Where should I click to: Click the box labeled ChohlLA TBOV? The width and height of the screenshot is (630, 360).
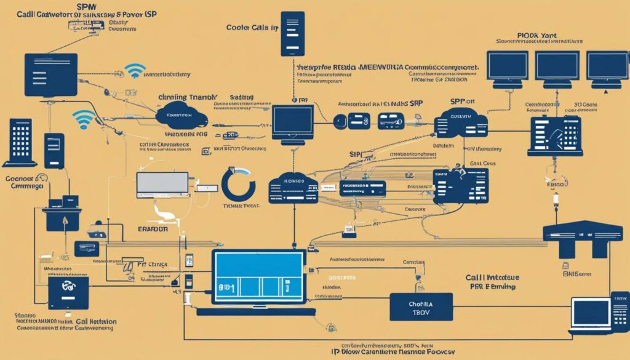pyautogui.click(x=421, y=306)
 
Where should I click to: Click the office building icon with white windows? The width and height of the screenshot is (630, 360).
pyautogui.click(x=20, y=142)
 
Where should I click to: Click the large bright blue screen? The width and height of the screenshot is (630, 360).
pyautogui.click(x=258, y=275)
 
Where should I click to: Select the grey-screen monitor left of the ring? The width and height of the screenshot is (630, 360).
pyautogui.click(x=162, y=184)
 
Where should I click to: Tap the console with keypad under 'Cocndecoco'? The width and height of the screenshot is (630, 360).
pyautogui.click(x=554, y=134)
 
